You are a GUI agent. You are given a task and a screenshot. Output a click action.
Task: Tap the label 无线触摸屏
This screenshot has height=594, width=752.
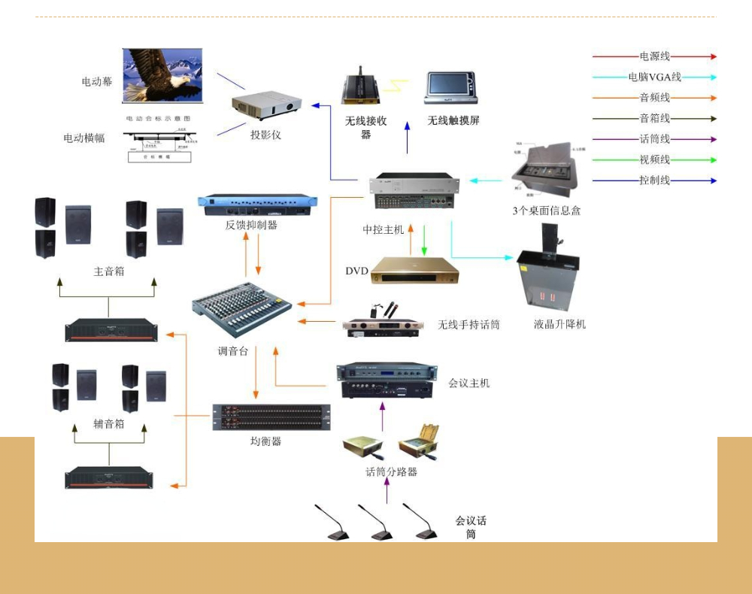453,120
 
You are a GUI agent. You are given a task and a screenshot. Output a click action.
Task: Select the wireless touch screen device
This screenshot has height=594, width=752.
451,88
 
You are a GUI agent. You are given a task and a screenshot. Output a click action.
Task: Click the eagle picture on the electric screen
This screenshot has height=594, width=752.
162,75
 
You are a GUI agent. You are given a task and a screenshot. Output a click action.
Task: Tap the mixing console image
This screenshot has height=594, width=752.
241,308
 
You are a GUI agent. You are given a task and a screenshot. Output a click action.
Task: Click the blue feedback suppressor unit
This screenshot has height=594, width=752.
257,204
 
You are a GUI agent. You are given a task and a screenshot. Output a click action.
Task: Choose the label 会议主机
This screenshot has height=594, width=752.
468,383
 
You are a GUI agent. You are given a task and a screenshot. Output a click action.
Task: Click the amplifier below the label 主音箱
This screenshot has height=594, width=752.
111,330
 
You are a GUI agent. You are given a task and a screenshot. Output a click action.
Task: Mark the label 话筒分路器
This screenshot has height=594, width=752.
391,472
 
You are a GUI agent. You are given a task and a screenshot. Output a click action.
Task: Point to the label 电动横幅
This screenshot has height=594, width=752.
84,138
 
